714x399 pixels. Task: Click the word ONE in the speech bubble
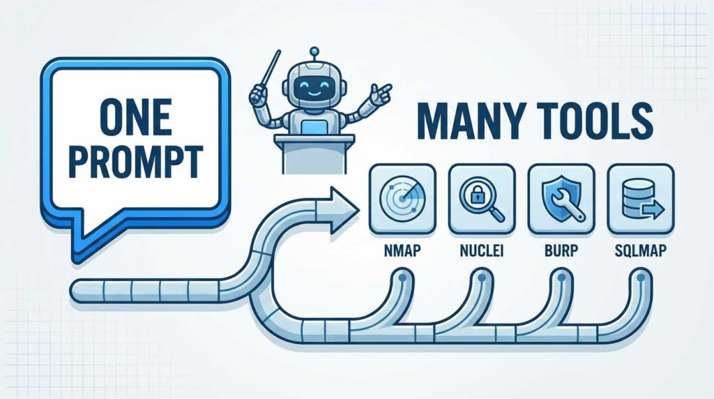[x=135, y=118]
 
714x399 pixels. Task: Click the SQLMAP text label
[x=641, y=250]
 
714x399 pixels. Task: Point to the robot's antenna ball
[x=314, y=50]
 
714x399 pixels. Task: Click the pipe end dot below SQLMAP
[x=640, y=278]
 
